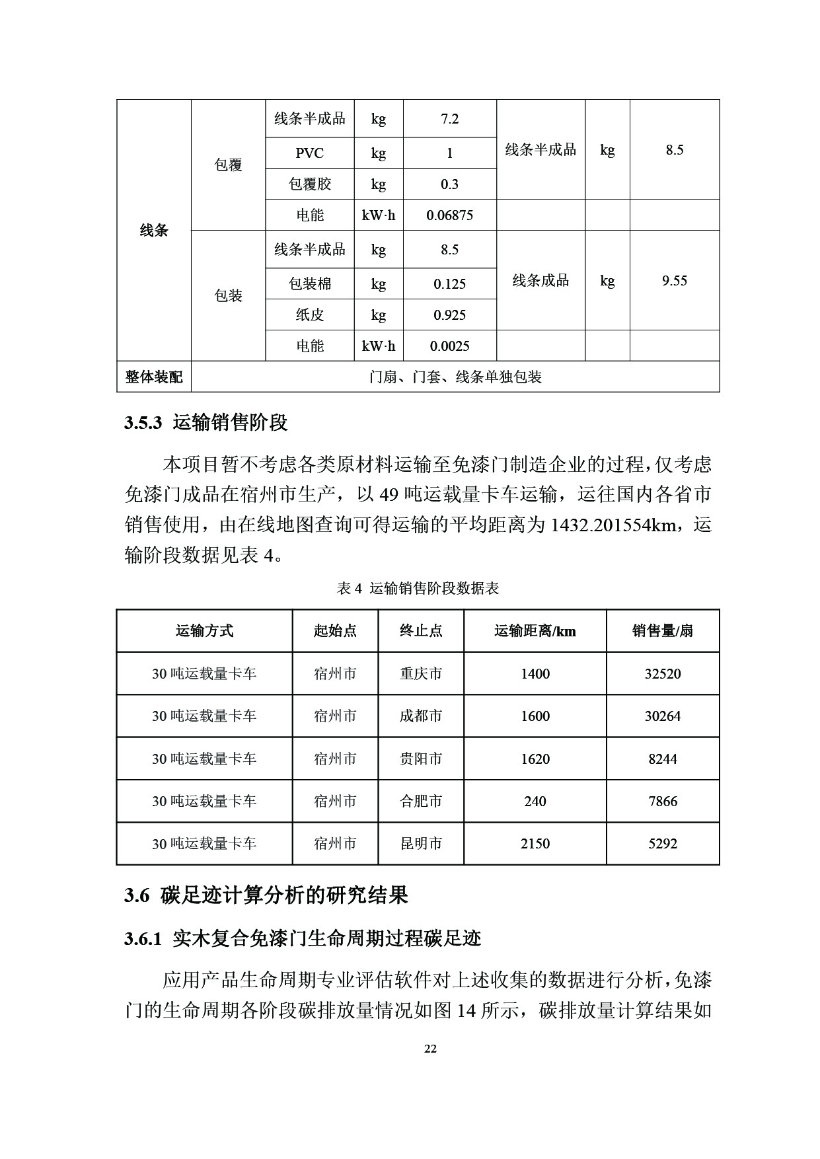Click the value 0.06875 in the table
449,215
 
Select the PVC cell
309,153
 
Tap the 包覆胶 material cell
309,184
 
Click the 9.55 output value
674,281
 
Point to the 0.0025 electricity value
449,346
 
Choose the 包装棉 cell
309,284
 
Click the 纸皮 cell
309,315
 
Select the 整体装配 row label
154,377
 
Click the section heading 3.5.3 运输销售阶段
206,423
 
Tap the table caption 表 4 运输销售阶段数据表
418,588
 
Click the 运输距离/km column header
535,631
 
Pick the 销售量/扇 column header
662,631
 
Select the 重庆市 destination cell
421,674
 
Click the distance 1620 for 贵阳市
535,759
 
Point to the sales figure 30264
662,716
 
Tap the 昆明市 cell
421,844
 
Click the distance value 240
535,802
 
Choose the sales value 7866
662,802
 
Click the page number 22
430,1049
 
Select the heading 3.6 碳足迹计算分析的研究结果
266,896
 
